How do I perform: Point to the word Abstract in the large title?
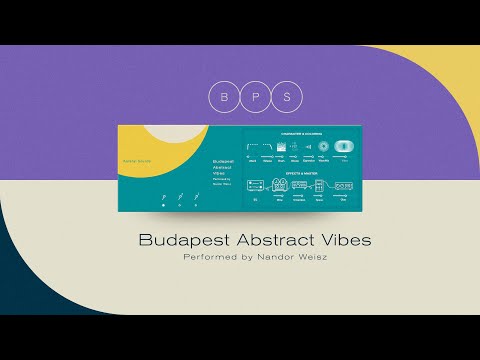[x=256, y=241]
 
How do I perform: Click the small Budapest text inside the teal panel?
[x=223, y=160]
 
